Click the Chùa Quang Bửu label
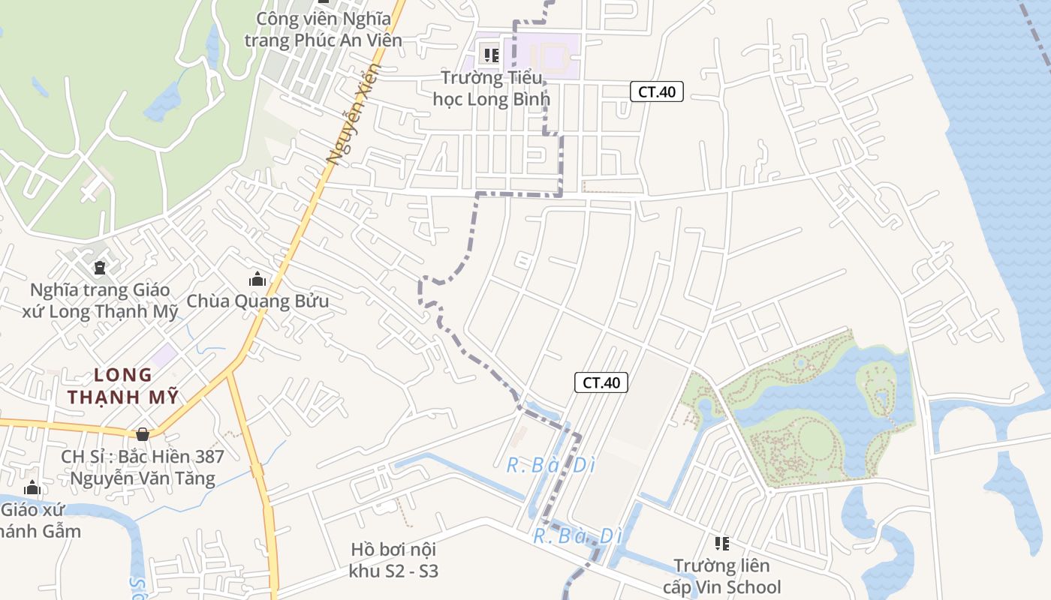257,301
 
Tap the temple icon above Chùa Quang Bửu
257,280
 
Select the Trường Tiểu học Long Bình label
492,88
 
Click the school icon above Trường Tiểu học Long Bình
492,55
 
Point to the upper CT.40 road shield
656,92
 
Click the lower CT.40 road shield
601,382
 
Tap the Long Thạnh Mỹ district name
124,385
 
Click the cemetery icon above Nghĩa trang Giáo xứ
99,267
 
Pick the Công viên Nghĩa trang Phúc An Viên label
324,29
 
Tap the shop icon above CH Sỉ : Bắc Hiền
143,434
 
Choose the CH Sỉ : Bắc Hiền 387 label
143,466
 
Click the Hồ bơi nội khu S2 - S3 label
393,559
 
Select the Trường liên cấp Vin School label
721,576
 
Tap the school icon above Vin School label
721,543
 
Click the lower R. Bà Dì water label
578,536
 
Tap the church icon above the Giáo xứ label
32,488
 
